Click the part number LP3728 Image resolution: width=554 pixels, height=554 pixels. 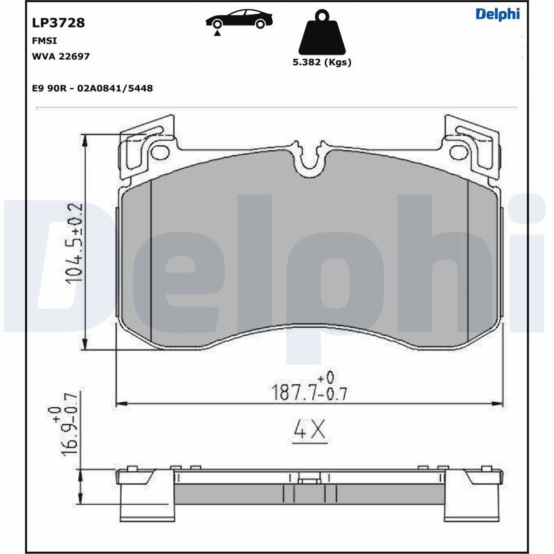pyautogui.click(x=58, y=23)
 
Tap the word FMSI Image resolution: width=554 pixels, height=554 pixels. pyautogui.click(x=44, y=41)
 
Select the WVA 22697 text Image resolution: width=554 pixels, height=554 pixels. pyautogui.click(x=61, y=57)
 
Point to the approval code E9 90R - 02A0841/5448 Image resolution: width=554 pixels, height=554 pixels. pyautogui.click(x=92, y=89)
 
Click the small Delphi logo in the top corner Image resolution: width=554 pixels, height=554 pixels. pyautogui.click(x=498, y=14)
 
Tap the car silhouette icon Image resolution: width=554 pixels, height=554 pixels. pyautogui.click(x=239, y=19)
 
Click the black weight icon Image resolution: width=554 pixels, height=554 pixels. pyautogui.click(x=322, y=32)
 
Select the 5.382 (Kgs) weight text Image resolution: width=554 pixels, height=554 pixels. pyautogui.click(x=322, y=62)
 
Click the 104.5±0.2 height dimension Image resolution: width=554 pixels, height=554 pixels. pyautogui.click(x=74, y=243)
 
